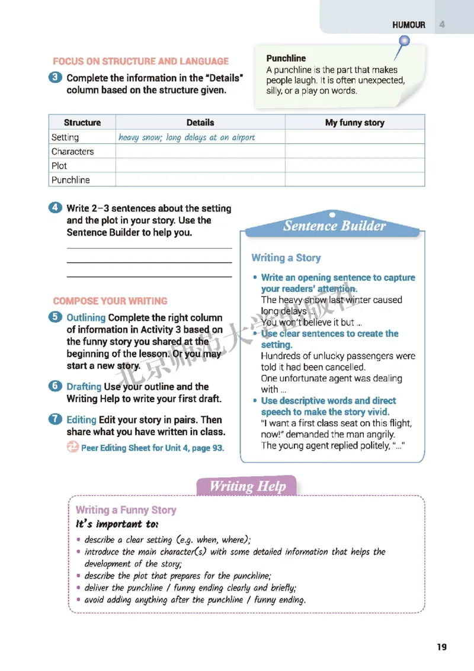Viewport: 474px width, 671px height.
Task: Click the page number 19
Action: (442, 647)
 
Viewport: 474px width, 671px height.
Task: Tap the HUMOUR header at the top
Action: (409, 25)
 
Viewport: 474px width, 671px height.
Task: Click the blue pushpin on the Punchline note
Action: (405, 41)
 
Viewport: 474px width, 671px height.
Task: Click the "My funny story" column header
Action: (354, 123)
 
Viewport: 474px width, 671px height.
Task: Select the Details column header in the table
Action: (200, 123)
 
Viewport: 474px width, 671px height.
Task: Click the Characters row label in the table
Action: (72, 152)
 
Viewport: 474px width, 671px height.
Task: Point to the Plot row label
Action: (59, 166)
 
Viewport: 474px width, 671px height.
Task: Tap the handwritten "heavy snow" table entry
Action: (187, 137)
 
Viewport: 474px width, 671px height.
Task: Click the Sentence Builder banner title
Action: (334, 226)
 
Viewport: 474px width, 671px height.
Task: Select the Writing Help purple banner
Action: (248, 487)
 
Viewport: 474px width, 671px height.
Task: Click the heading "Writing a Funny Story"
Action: (126, 510)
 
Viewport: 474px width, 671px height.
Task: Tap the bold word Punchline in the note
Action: (286, 58)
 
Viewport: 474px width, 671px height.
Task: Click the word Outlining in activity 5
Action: (86, 317)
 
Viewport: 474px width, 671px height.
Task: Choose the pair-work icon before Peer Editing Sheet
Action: (72, 448)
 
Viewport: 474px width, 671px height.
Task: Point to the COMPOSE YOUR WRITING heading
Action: (110, 301)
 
